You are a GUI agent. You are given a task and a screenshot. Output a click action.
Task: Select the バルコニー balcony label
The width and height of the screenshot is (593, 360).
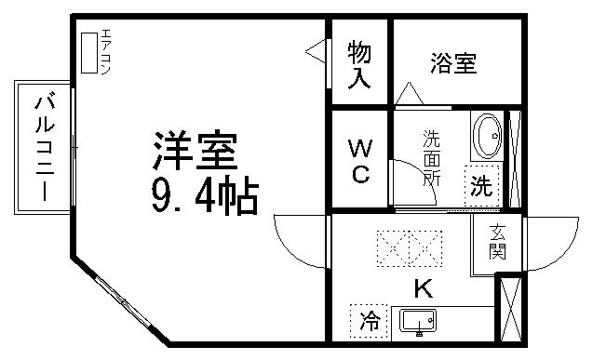coord(43,146)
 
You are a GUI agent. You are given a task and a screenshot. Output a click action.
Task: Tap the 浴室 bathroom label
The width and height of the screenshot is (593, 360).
coord(453,64)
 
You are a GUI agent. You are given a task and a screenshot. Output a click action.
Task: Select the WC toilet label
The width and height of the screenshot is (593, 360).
coord(360,161)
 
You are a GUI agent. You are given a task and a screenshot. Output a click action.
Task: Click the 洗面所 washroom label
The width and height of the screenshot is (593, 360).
coord(432,158)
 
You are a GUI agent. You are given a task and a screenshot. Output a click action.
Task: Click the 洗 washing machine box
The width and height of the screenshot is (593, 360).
coord(481,185)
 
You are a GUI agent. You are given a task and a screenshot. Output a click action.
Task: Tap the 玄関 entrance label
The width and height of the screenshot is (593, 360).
coord(497,241)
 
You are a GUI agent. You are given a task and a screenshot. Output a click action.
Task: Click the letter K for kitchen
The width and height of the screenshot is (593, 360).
coord(422,287)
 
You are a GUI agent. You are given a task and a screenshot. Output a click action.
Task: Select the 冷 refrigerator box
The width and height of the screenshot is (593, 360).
coord(370,322)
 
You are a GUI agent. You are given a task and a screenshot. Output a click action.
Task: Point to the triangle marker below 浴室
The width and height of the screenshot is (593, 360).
coord(407,94)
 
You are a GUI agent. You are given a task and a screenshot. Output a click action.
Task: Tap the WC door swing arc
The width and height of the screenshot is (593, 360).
coord(404,174)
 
